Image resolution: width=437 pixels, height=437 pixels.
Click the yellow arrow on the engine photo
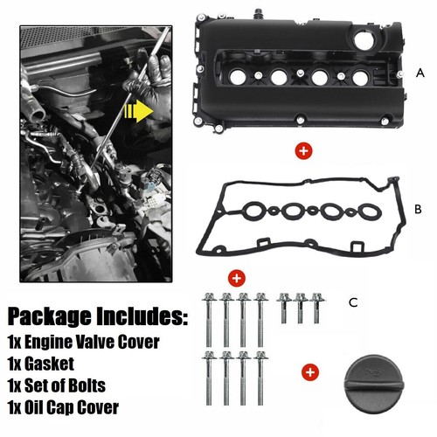pos(139,111)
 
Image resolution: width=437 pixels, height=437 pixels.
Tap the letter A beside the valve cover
pos(420,73)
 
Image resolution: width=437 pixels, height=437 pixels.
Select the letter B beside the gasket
pos(418,209)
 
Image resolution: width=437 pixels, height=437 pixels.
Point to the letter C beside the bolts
pos(353,302)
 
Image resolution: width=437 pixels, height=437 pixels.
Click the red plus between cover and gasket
pos(303,151)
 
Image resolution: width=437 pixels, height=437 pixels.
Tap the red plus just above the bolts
pos(237,278)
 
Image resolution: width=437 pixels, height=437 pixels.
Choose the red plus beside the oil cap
pos(310,372)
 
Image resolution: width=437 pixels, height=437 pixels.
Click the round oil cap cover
pos(374,384)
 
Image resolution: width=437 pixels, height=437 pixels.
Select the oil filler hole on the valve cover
pos(364,40)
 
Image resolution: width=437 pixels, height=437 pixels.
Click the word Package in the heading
pos(49,316)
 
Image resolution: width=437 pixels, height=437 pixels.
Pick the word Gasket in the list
pos(49,364)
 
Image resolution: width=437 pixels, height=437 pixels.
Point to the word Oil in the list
pos(34,407)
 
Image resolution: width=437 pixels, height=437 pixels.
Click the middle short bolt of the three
pos(300,309)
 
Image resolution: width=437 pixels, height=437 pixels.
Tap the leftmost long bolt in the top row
pos(209,320)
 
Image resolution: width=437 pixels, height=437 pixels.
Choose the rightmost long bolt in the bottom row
pos(260,378)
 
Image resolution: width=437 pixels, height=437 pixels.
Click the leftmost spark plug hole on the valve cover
pos(238,78)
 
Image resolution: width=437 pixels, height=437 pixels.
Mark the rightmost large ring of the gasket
pos(370,212)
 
